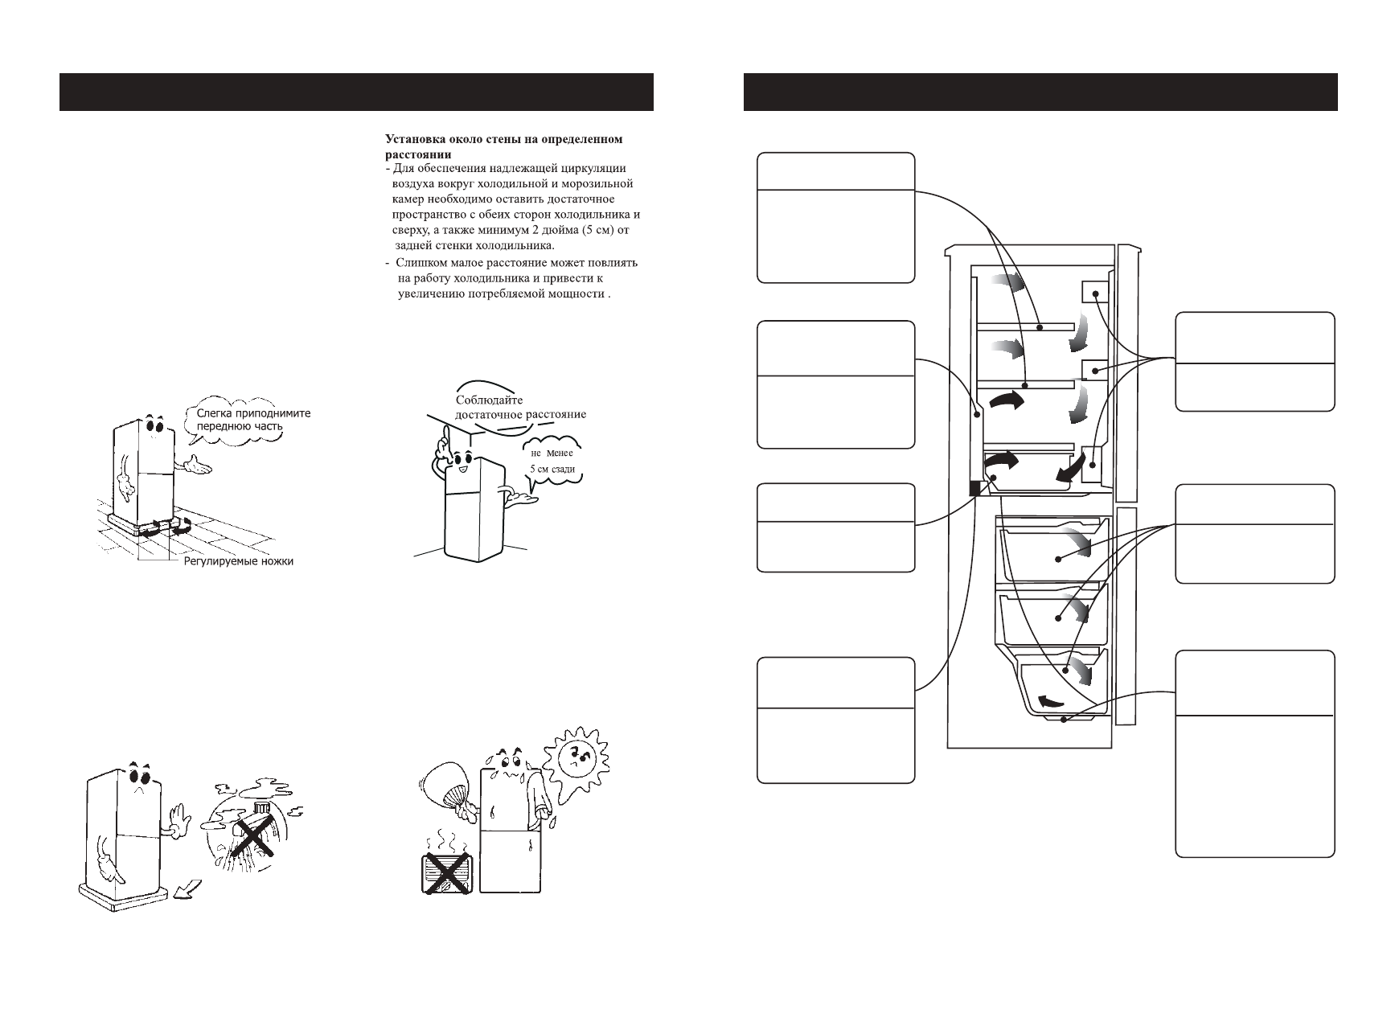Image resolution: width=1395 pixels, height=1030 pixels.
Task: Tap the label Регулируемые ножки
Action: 238,561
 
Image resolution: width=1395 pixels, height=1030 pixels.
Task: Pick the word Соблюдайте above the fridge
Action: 489,400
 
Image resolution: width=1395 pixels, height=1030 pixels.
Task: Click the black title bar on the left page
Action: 356,92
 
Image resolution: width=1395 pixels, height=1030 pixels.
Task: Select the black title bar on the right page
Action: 1040,92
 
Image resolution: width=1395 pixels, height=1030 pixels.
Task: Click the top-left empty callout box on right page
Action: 836,217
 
